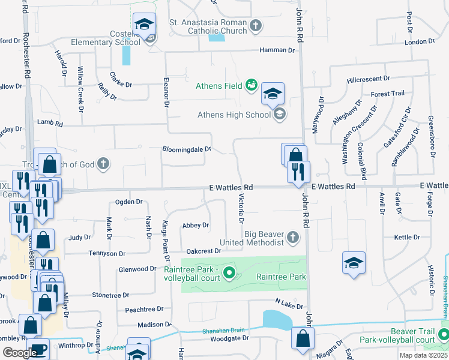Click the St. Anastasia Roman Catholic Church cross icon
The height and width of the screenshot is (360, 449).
[256, 25]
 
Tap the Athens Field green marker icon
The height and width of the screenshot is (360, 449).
[252, 85]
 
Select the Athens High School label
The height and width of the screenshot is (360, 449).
[234, 115]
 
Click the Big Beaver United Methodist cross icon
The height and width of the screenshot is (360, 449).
[293, 238]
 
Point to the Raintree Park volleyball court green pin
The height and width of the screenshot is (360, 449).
[229, 275]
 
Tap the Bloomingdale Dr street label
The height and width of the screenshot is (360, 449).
[187, 149]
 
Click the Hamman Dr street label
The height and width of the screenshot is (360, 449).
[277, 50]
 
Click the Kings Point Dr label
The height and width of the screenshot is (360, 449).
[166, 239]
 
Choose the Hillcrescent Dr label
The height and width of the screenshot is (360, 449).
[368, 79]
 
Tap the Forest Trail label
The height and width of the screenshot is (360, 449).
[388, 94]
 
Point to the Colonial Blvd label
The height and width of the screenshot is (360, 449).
[362, 157]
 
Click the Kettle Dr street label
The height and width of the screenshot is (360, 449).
[408, 238]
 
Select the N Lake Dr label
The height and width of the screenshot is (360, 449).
[289, 303]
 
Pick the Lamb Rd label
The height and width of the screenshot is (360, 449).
[50, 123]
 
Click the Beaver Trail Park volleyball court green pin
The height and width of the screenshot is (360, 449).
[444, 335]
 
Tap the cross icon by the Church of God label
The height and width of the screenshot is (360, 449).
[103, 164]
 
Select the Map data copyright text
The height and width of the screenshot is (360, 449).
[424, 355]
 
